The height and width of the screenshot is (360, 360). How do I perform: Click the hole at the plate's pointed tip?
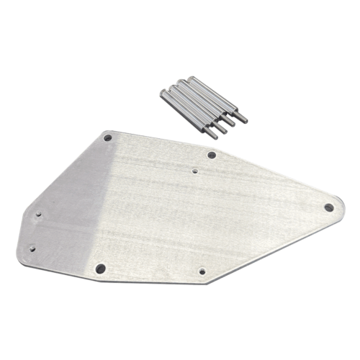(x=328, y=207)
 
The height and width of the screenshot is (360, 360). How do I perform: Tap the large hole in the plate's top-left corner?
(x=108, y=136)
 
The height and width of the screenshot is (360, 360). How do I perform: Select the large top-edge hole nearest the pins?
(x=212, y=155)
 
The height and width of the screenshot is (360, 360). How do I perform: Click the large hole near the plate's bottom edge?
(x=100, y=268)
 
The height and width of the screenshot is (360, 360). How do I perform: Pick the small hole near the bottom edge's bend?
(x=201, y=271)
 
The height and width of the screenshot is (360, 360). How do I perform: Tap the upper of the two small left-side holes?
(x=40, y=214)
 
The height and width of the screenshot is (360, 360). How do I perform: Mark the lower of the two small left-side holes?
(x=31, y=248)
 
